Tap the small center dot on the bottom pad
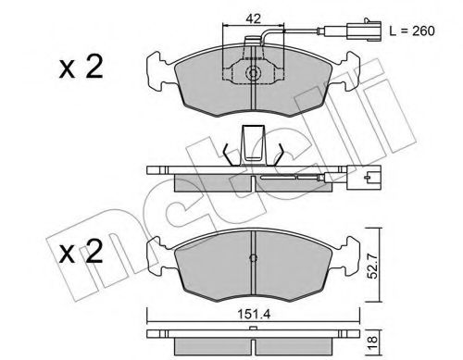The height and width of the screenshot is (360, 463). [253, 258]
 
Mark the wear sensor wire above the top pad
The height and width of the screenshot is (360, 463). [296, 37]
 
